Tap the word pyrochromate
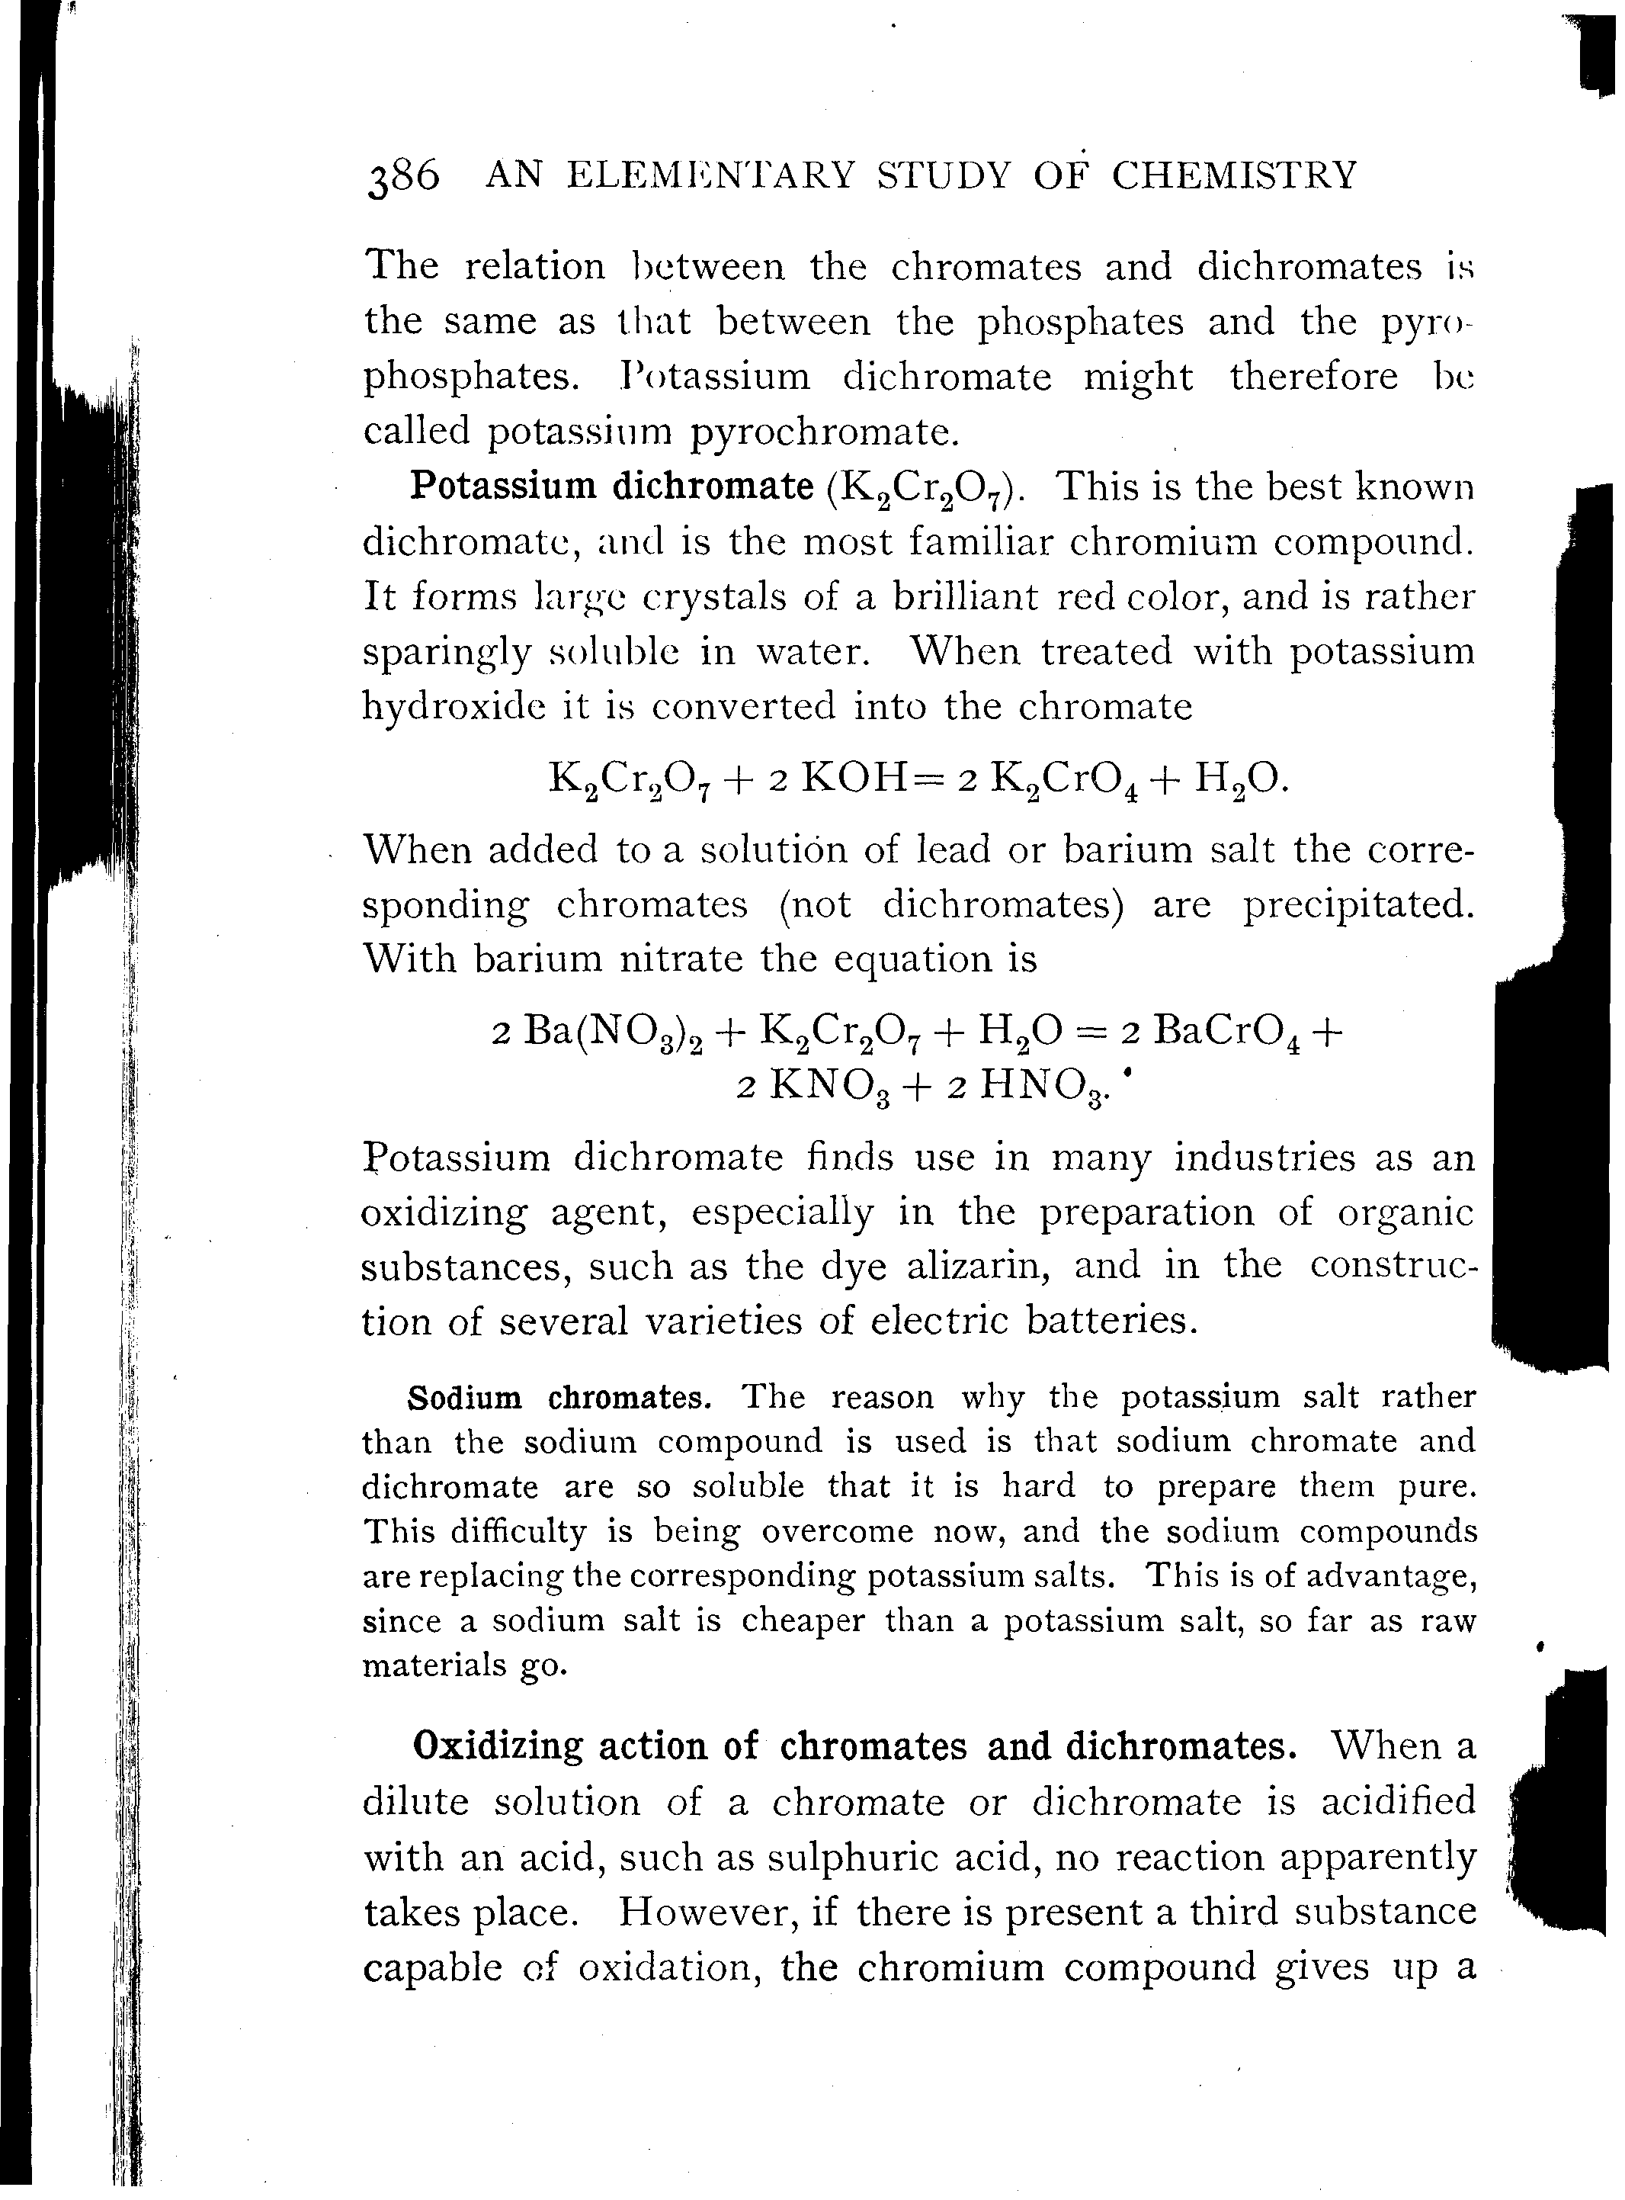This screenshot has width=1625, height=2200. coord(822,432)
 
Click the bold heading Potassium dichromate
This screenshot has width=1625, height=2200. coord(611,485)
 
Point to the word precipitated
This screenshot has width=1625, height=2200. coord(1358,905)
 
